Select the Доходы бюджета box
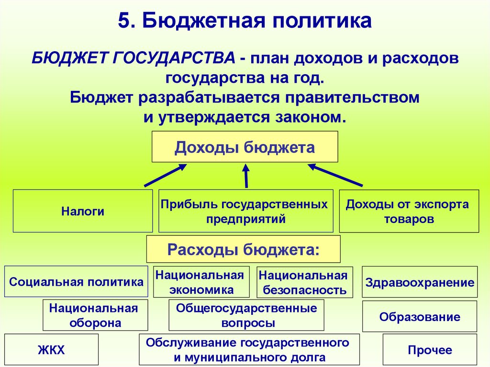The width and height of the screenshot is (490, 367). tap(245, 146)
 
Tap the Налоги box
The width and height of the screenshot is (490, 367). tap(82, 211)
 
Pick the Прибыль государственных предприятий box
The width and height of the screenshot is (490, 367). tap(245, 211)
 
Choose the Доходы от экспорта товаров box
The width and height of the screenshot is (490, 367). tap(409, 211)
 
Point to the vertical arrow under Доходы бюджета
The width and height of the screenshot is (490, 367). tap(246, 176)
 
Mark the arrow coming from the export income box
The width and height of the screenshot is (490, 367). tap(335, 175)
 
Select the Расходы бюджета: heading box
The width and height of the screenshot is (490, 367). tap(243, 249)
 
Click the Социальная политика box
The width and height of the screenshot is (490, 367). tap(76, 281)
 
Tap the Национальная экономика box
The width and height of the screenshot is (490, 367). tap(201, 282)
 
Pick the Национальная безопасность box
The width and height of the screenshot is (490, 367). tap(305, 282)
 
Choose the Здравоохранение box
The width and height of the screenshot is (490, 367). tap(420, 282)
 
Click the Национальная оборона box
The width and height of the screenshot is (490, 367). tap(95, 315)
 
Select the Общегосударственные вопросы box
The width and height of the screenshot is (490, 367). tap(246, 315)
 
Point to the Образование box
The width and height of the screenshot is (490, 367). tap(420, 316)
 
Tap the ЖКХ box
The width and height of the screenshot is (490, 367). tap(51, 350)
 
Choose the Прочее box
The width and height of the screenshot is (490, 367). tap(430, 350)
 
